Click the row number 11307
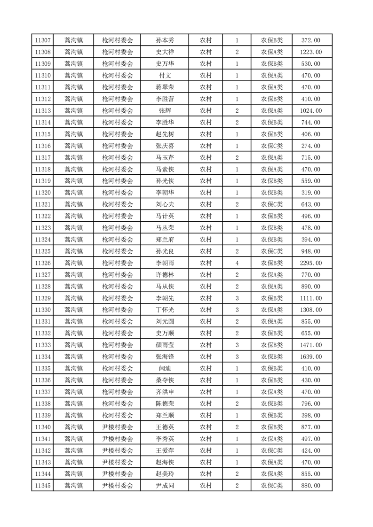click(x=43, y=40)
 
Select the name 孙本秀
click(x=165, y=40)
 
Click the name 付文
click(x=165, y=76)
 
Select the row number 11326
click(x=43, y=263)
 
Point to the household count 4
click(x=237, y=263)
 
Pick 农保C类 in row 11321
click(x=272, y=205)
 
